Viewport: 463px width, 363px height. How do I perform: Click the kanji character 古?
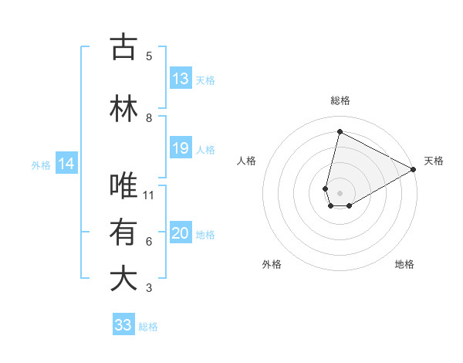(123, 47)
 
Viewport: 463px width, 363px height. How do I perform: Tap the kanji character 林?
(123, 109)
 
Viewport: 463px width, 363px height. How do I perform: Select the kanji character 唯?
(123, 186)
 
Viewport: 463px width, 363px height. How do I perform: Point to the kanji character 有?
(123, 232)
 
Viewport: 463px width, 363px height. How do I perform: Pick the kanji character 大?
(123, 279)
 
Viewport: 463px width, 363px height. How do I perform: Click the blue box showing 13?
(181, 80)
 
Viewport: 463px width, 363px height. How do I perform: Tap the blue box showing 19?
(181, 149)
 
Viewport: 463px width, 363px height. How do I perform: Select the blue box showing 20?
(181, 234)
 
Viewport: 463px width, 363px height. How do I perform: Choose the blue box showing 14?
(66, 165)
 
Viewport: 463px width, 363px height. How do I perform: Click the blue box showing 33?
(123, 326)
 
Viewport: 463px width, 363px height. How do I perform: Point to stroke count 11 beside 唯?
(149, 195)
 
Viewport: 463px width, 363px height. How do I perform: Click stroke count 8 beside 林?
(149, 117)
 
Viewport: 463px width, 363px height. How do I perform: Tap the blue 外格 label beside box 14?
(41, 165)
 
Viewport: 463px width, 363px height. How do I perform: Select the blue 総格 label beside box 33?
(149, 327)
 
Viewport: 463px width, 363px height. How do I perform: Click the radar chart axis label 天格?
(434, 161)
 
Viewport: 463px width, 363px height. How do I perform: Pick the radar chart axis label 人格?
(246, 161)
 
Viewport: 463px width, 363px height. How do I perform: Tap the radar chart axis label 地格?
(404, 264)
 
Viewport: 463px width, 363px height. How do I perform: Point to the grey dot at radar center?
(340, 192)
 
